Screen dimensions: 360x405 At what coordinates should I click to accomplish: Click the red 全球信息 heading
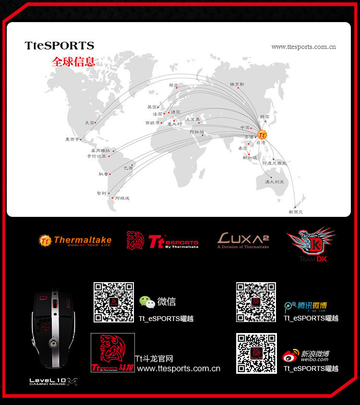pos(73,62)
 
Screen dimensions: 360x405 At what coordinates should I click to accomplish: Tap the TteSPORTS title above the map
pos(60,46)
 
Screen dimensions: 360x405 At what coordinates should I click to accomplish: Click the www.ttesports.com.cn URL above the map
pos(303,47)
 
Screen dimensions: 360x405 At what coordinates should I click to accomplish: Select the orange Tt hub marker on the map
pos(262,135)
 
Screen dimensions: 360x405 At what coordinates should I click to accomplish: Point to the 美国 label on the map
pos(90,123)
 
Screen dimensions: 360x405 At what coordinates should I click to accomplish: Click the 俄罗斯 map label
pos(237,84)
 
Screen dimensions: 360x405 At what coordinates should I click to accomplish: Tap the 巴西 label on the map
pos(128,168)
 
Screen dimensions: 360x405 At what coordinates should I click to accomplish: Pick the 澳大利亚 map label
pos(275,182)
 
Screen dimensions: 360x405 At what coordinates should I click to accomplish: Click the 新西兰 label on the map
pos(296,212)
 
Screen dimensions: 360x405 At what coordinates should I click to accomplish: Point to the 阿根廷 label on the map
pos(122,198)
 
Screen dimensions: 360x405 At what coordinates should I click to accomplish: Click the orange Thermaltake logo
pos(75,240)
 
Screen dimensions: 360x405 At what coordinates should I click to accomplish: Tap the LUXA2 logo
pos(243,240)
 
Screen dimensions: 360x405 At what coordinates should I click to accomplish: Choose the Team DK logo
pos(310,245)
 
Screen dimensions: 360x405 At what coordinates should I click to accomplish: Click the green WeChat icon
pos(147,302)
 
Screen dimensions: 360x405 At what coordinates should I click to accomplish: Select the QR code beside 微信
pos(114,302)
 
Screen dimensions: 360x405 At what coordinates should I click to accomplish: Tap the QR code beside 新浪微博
pos(256,353)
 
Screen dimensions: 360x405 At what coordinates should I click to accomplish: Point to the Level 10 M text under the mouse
pos(53,381)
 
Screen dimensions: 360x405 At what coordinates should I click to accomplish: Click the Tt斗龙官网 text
pos(154,358)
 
